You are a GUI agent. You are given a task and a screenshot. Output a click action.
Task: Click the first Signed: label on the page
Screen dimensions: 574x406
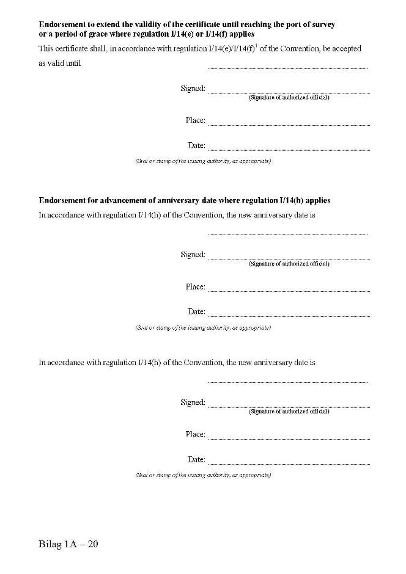coord(193,89)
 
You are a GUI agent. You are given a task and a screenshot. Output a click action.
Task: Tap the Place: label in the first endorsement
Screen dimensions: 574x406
coord(195,120)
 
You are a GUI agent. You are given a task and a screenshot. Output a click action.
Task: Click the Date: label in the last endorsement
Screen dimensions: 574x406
coord(196,459)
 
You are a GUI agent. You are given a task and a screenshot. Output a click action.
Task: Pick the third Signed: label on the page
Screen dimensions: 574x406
coord(193,403)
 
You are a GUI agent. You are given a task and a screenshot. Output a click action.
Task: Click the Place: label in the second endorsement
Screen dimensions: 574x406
coord(195,287)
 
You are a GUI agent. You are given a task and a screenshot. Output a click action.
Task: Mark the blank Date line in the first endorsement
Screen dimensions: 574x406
coord(289,150)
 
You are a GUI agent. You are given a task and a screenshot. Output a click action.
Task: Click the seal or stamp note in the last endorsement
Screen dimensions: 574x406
coord(202,475)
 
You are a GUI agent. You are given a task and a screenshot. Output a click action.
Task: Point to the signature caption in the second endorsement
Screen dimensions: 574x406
coord(289,264)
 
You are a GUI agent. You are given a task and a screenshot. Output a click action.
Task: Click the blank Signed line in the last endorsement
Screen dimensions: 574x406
coord(289,407)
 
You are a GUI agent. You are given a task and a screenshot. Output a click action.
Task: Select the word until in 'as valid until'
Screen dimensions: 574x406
coord(73,64)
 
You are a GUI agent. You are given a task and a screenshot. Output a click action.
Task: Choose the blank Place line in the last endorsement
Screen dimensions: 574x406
coord(289,438)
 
